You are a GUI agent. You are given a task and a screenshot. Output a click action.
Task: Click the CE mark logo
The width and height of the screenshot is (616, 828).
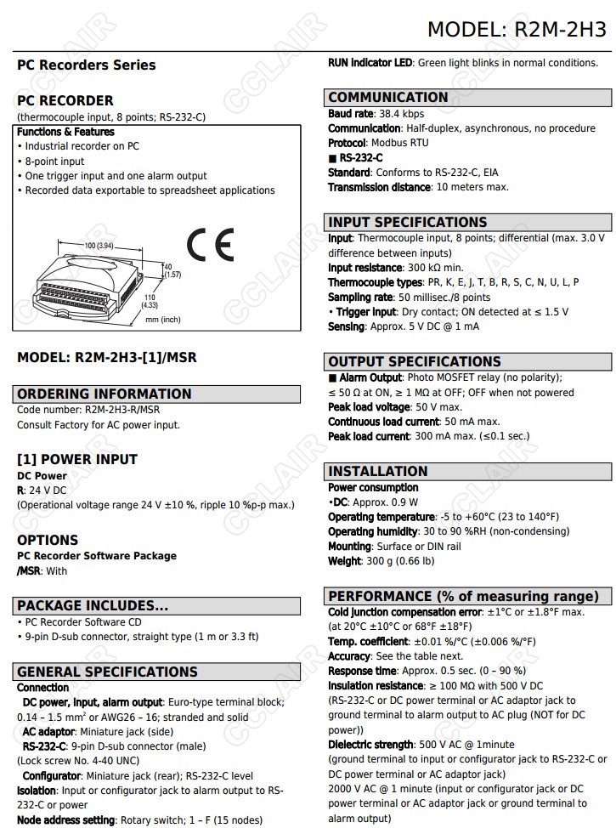[x=210, y=246]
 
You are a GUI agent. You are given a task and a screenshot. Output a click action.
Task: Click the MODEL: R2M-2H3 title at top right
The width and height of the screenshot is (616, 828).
[x=517, y=30]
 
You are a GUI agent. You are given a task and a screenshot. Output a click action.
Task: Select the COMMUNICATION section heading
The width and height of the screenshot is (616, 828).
[x=388, y=97]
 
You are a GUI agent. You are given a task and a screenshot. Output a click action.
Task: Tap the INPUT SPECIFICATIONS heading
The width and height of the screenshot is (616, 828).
[x=408, y=222]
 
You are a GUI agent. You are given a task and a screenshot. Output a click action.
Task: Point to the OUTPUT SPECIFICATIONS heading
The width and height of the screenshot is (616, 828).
[x=415, y=361]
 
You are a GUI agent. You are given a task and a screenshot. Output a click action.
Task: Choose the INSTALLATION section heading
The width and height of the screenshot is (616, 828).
[x=378, y=471]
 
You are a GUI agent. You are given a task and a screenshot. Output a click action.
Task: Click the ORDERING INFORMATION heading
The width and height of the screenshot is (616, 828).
[x=105, y=394]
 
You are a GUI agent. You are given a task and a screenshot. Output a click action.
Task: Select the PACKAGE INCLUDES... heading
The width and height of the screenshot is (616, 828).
[x=93, y=606]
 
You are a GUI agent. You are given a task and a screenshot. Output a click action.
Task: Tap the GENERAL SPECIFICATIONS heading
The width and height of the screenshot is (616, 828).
[x=107, y=672]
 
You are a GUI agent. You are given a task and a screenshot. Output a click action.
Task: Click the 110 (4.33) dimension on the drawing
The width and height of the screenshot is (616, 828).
[x=150, y=300]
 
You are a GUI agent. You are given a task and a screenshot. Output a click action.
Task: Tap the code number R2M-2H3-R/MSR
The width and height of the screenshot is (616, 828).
[x=122, y=410]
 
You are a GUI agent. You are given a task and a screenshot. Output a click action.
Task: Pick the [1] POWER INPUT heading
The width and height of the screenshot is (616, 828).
[x=77, y=459]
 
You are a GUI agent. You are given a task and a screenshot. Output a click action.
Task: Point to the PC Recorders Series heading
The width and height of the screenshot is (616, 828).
[x=87, y=65]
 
